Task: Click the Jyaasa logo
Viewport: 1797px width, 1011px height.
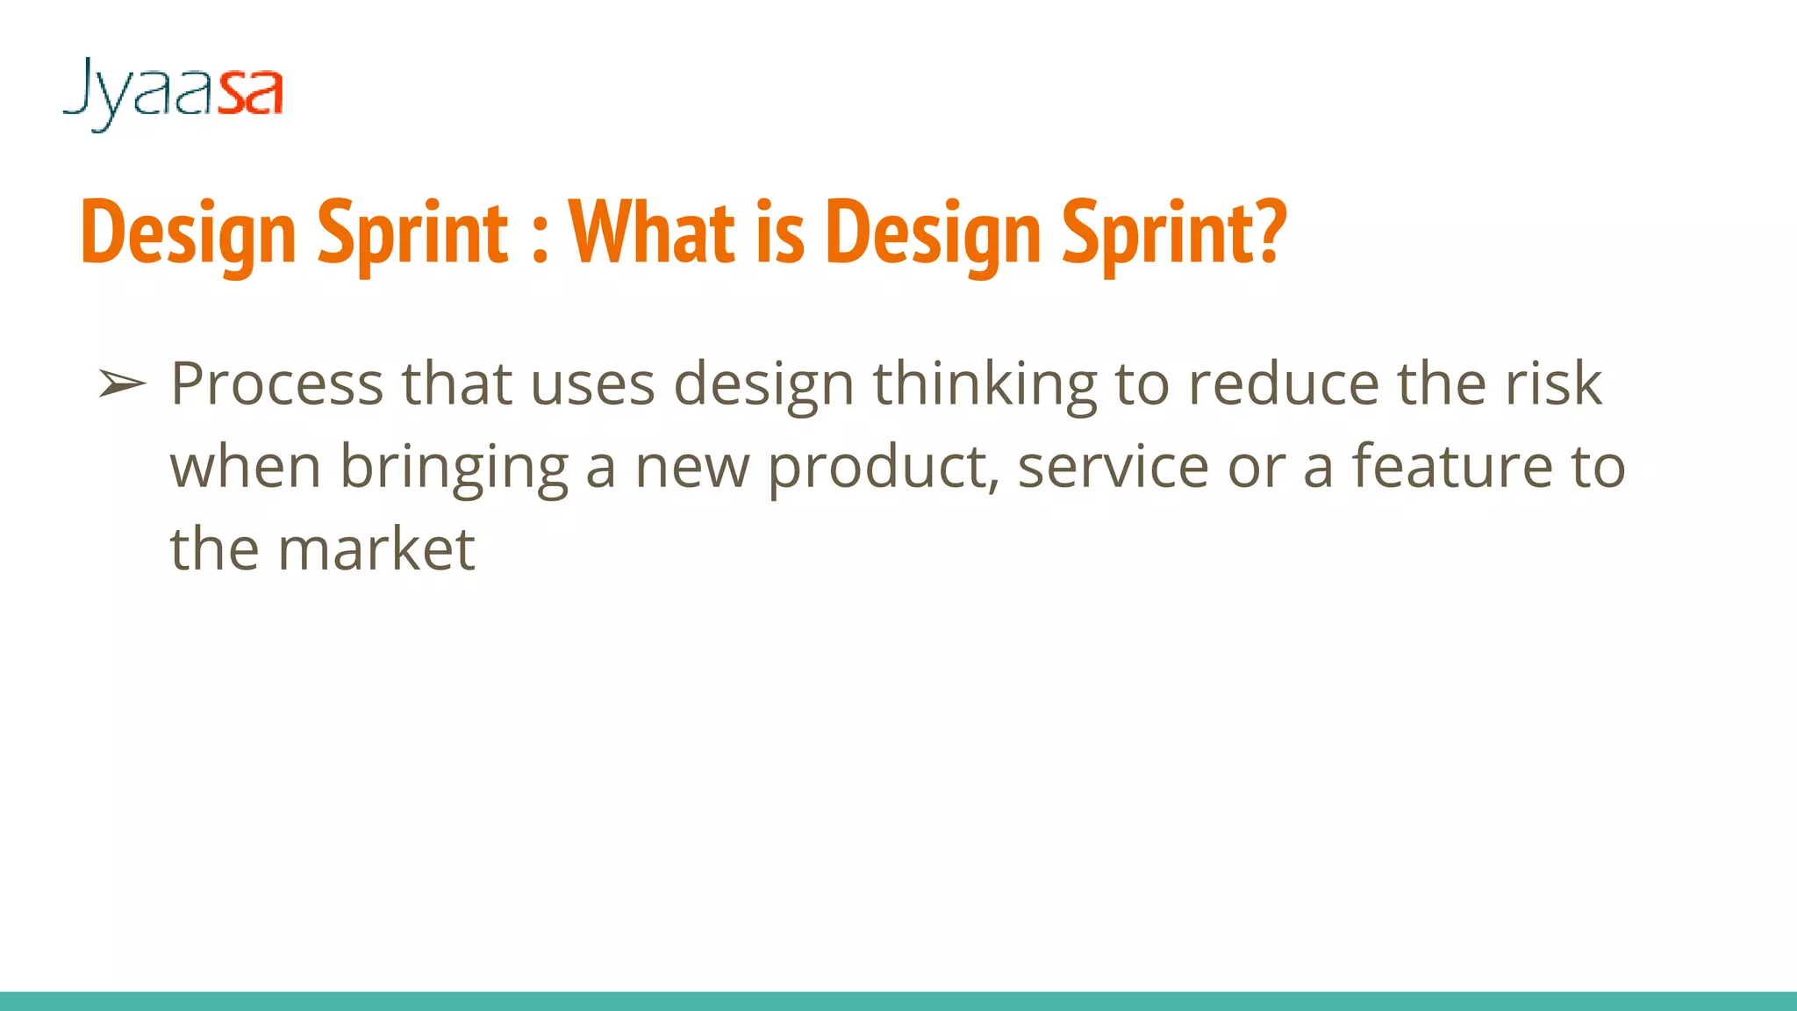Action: coord(173,92)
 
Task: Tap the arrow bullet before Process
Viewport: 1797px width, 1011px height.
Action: coord(121,384)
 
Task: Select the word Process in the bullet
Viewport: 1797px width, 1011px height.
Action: coord(276,384)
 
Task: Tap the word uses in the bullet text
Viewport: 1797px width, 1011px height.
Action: coord(592,384)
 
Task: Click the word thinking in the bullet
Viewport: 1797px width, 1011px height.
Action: coord(984,384)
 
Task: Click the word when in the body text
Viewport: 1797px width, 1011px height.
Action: coord(245,467)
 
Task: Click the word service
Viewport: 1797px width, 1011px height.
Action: coord(1113,467)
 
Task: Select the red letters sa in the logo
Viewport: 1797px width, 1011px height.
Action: coord(251,92)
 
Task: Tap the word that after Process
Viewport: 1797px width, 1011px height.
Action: coord(456,384)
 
